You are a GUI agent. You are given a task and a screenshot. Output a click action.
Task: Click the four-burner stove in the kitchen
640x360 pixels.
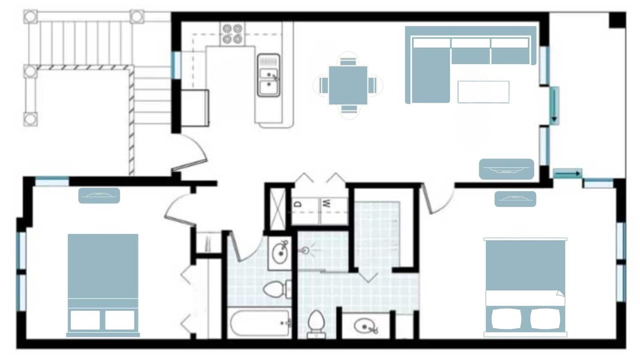[x=232, y=33]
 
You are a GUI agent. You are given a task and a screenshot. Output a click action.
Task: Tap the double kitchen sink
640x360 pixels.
[x=268, y=75]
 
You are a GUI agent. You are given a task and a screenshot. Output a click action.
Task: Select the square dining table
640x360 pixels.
[x=348, y=85]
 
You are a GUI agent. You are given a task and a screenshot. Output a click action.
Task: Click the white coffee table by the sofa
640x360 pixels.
[x=483, y=91]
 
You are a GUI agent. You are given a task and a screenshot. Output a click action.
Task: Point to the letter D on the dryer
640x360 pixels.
[x=298, y=204]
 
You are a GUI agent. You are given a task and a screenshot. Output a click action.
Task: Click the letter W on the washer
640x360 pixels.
[x=326, y=203]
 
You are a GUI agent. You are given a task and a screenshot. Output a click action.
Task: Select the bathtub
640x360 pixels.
[x=259, y=323]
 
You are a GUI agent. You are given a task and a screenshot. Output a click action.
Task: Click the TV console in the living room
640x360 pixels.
[x=506, y=169]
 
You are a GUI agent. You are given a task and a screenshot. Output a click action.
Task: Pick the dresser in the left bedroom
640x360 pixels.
[x=99, y=195]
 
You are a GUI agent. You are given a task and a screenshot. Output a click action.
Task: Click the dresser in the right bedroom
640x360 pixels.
[x=515, y=199]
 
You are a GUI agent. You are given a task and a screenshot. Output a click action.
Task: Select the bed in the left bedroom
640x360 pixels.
[x=103, y=285]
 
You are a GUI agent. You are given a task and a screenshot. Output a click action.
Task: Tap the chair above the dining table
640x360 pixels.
[x=348, y=61]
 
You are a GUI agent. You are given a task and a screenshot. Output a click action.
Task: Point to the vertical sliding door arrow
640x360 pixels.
[x=554, y=105]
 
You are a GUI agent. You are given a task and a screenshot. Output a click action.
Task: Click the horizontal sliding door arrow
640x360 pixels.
[x=567, y=173]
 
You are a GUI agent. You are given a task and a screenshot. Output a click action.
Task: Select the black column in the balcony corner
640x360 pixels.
[x=617, y=20]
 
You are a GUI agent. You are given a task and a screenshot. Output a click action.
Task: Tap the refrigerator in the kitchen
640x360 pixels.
[x=194, y=107]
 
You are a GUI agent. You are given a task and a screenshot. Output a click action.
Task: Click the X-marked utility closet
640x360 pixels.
[x=277, y=209]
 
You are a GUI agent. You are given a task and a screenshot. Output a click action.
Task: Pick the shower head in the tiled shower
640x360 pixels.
[x=305, y=251]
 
